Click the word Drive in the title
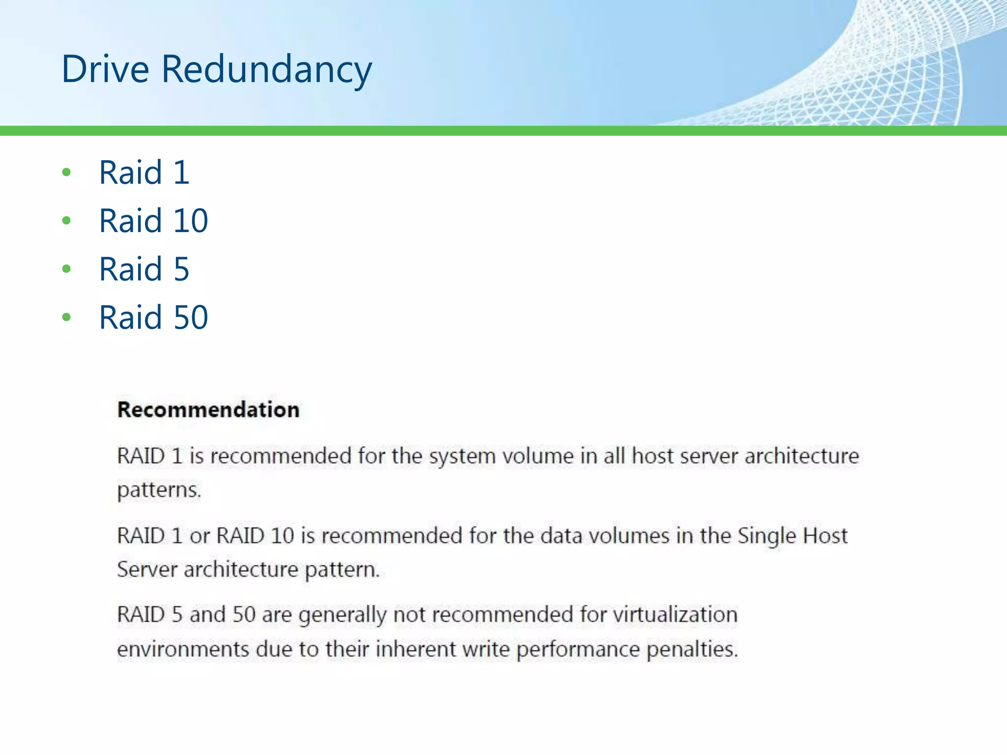pos(105,69)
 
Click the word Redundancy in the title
pos(267,69)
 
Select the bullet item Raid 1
pos(144,173)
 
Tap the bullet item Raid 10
pos(153,221)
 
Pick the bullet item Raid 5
pos(144,269)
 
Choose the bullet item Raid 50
pos(153,317)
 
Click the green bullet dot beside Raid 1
pos(66,173)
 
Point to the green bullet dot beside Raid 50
pos(66,317)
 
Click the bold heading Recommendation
pos(208,409)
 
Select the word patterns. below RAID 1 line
pos(159,490)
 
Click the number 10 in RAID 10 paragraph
pos(282,535)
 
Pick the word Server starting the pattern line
pos(147,570)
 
